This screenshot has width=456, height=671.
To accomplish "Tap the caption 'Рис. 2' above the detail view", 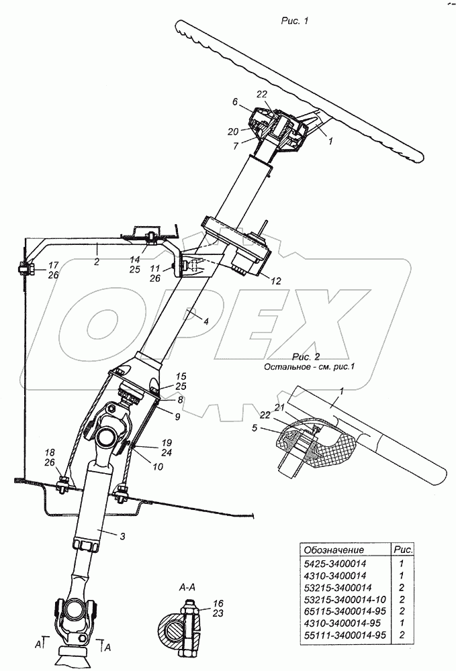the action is tap(306, 356).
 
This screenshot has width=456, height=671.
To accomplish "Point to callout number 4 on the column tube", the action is tap(206, 320).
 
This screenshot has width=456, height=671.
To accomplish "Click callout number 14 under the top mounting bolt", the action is tap(135, 259).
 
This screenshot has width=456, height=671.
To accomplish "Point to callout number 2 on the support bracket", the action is tap(97, 262).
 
